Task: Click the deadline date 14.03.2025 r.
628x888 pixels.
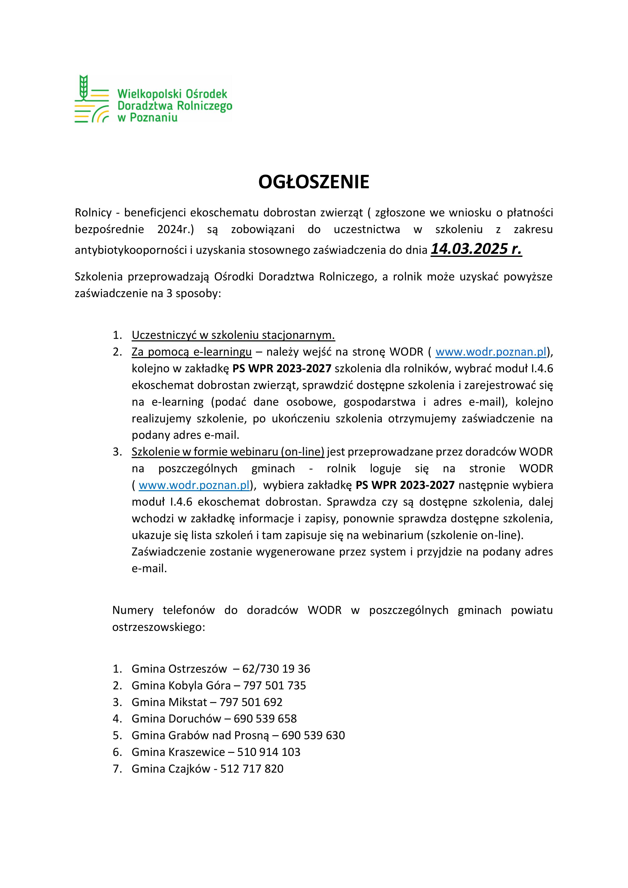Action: point(476,249)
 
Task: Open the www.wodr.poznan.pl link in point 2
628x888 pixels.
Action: point(491,352)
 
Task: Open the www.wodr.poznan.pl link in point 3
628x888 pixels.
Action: point(194,485)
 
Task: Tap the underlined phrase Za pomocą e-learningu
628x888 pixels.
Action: point(192,352)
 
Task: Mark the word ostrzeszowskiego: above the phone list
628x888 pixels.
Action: point(158,627)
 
